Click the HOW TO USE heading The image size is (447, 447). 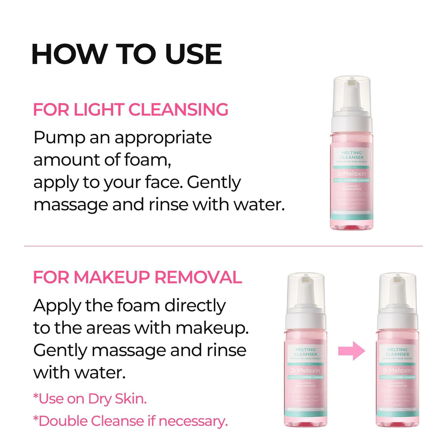point(127,54)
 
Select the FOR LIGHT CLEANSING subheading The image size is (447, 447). point(130,110)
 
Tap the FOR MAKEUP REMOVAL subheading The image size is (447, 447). point(137,278)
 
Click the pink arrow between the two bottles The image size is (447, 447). point(352,351)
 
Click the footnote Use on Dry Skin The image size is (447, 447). point(90,399)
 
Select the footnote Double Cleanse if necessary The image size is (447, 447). point(130,421)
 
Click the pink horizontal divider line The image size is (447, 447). point(223,246)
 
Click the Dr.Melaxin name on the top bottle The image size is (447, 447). point(352,174)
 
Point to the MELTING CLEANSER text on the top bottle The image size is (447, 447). point(352,155)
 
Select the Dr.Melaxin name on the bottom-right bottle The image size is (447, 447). point(397,371)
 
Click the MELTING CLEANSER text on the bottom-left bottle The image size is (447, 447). point(306,352)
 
